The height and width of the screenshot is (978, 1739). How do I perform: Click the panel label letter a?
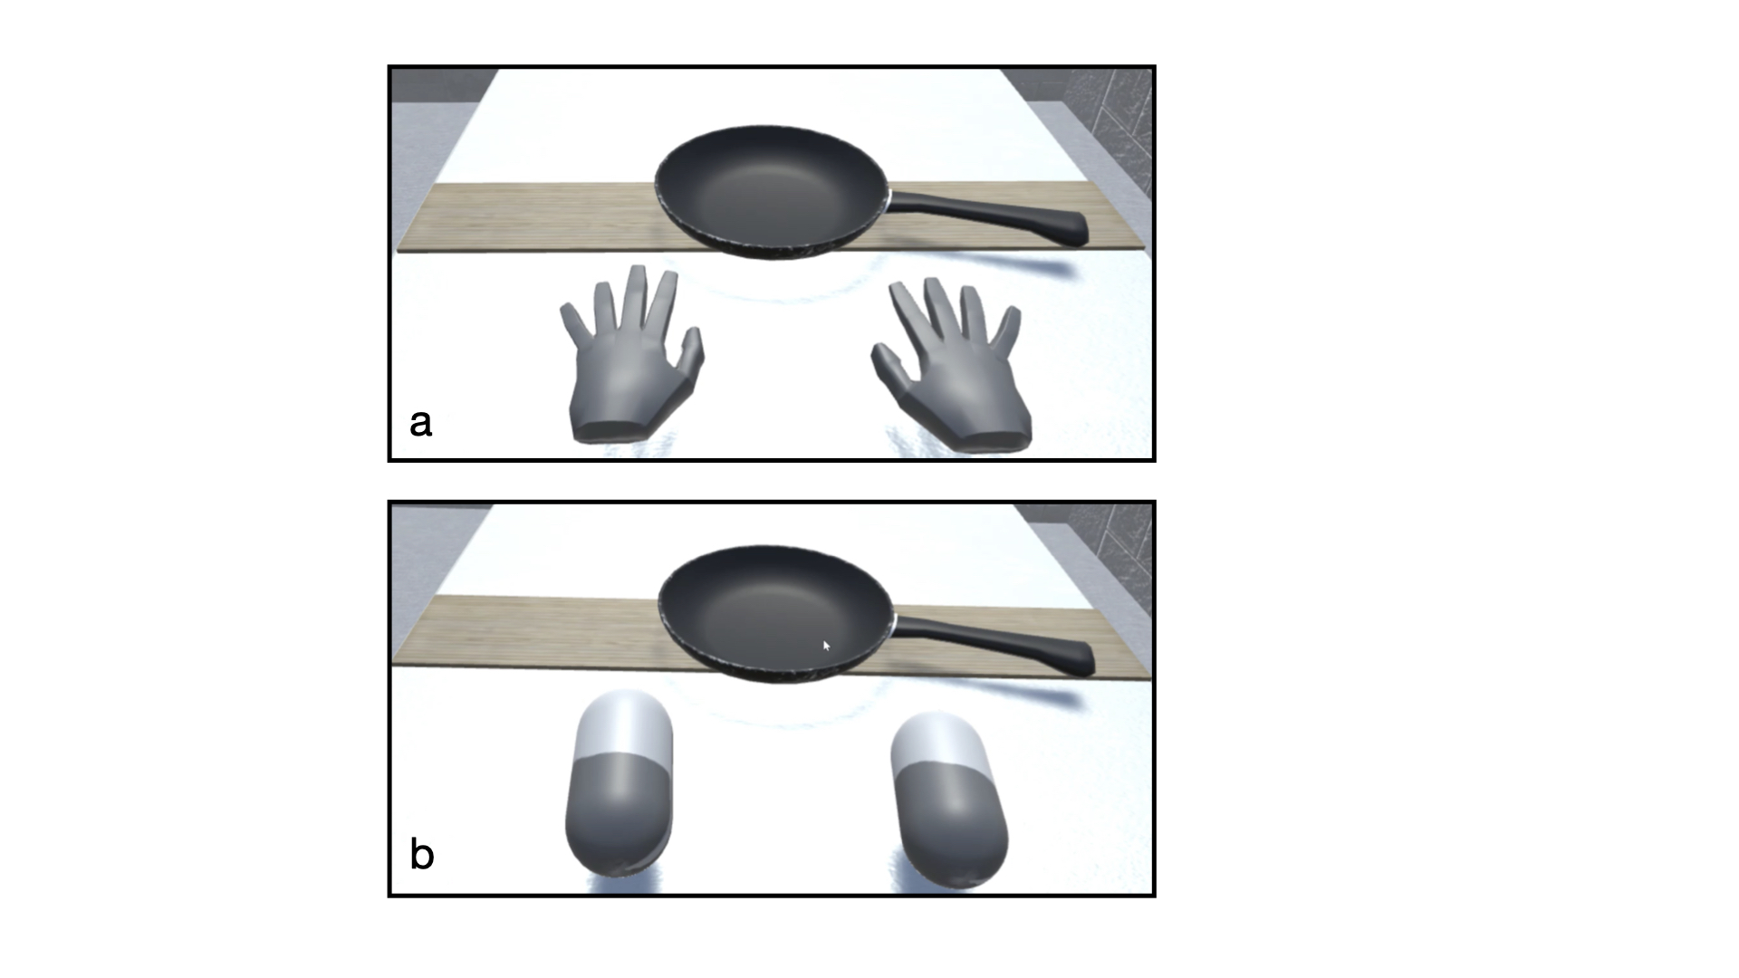click(x=420, y=423)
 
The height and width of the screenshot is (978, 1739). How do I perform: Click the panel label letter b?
click(x=421, y=855)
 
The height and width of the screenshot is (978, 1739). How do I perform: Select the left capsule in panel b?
click(x=620, y=783)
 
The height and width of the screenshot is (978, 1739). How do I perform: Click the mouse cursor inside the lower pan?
click(x=826, y=646)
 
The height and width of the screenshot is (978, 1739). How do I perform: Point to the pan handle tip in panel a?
click(x=1078, y=230)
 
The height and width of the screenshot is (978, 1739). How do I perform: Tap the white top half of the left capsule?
click(x=622, y=724)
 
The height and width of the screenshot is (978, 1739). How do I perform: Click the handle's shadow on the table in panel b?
click(x=1042, y=697)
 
